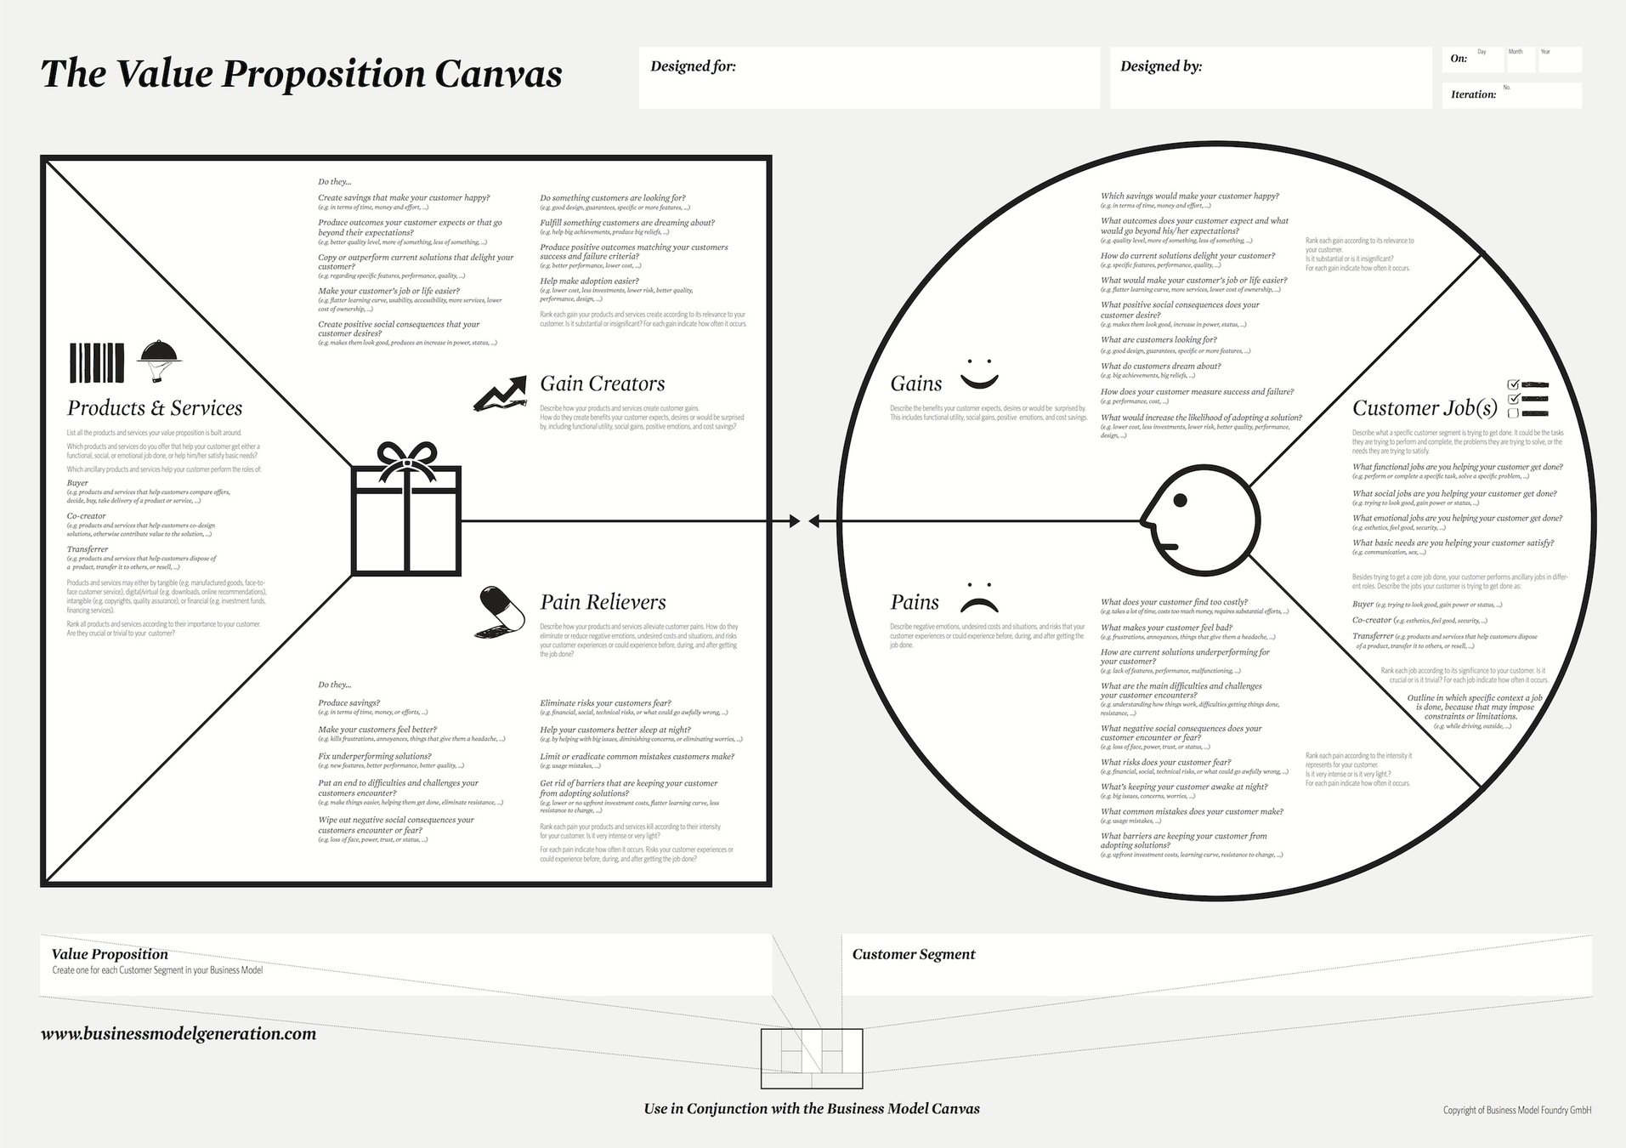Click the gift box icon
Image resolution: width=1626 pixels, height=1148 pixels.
(x=406, y=510)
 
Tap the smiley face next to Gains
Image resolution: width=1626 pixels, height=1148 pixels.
(x=978, y=373)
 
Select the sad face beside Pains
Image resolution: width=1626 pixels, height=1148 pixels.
(x=978, y=598)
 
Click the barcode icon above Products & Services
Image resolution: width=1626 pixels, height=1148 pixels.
(x=97, y=363)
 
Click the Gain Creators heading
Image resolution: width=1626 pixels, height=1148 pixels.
(x=602, y=384)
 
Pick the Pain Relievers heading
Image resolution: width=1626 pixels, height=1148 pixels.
(x=603, y=602)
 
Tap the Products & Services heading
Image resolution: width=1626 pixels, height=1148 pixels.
(x=155, y=408)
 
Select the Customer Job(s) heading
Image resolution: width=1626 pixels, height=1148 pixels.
(x=1425, y=408)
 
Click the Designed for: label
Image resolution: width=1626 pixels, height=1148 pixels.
(x=693, y=66)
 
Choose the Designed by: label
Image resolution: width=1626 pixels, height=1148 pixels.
(x=1160, y=66)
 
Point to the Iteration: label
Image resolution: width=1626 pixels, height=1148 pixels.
(x=1473, y=94)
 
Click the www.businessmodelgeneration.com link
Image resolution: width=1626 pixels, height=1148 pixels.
(x=178, y=1034)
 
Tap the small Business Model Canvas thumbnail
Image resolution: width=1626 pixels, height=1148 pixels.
(x=811, y=1058)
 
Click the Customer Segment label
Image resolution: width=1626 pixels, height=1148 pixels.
(x=913, y=954)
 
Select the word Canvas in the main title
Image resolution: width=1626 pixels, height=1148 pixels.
(x=498, y=74)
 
